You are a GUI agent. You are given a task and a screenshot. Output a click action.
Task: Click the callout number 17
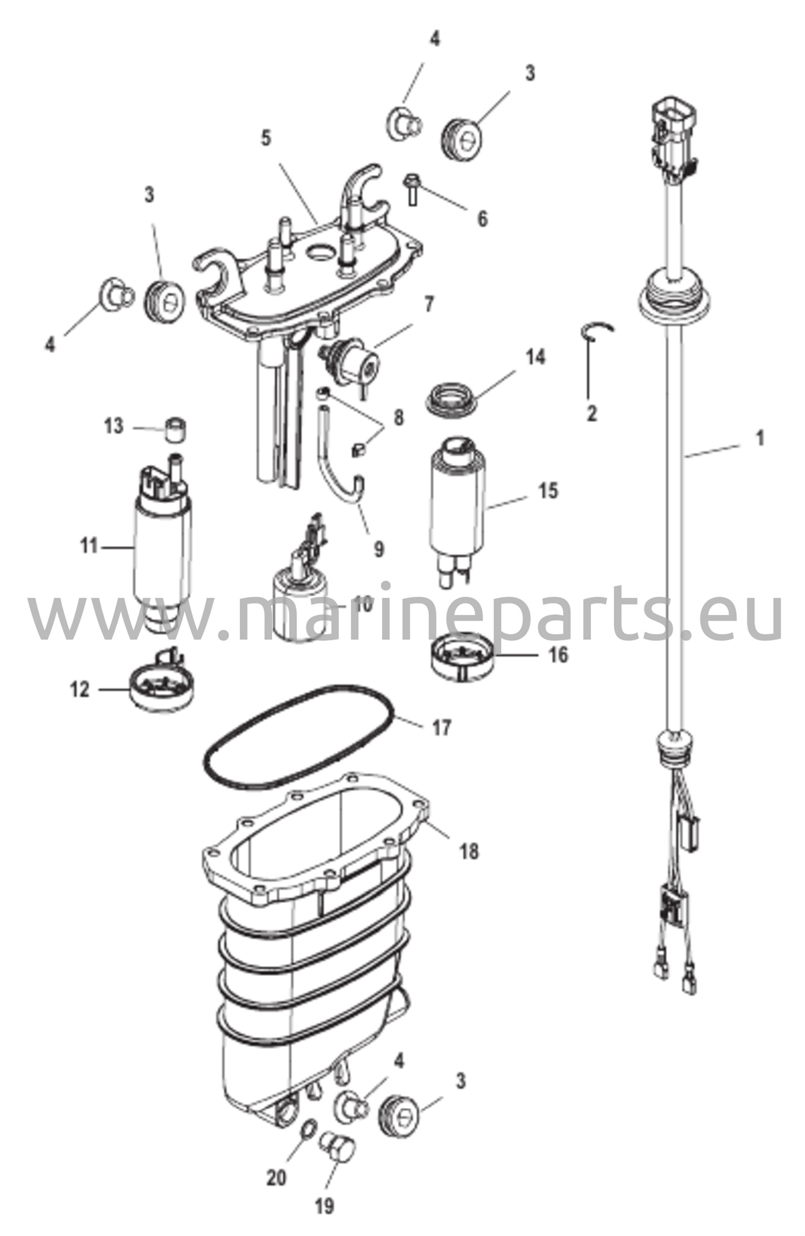442,728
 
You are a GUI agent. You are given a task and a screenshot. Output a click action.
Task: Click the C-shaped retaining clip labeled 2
599,330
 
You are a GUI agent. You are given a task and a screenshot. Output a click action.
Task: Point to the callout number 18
469,852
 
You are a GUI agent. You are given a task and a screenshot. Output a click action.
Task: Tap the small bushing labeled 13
176,428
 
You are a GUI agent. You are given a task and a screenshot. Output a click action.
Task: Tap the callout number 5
266,138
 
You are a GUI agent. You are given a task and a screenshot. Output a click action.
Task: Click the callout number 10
364,603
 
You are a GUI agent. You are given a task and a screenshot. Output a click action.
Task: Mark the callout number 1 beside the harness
760,438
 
